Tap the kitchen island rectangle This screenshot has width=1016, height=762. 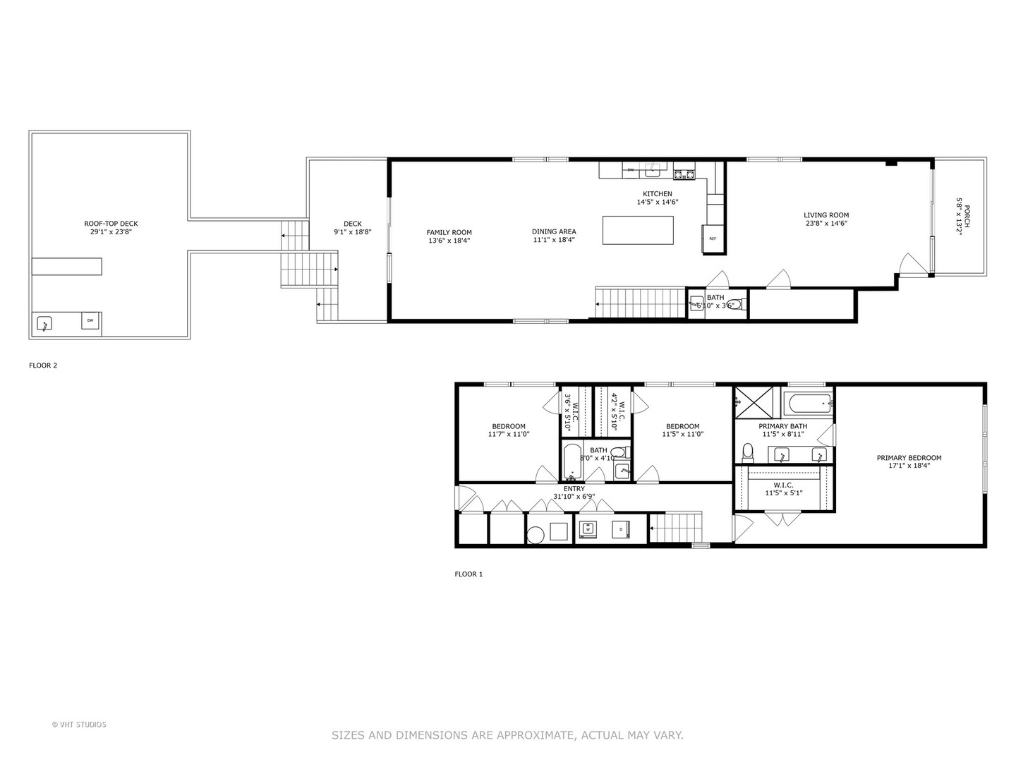click(x=638, y=230)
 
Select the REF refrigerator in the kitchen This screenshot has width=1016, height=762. click(x=712, y=238)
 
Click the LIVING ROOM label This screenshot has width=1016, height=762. click(x=825, y=215)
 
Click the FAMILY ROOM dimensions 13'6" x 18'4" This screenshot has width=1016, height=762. click(x=449, y=241)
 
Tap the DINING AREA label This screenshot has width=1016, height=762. click(x=554, y=231)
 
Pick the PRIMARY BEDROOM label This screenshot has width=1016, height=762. click(x=909, y=458)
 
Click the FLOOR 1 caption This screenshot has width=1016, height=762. click(x=468, y=574)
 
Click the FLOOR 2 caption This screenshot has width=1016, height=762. click(x=43, y=365)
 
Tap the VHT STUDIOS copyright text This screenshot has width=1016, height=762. click(x=79, y=725)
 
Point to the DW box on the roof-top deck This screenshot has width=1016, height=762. click(x=90, y=321)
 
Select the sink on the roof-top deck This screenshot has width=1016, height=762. click(x=45, y=324)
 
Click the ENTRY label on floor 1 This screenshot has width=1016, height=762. click(x=574, y=489)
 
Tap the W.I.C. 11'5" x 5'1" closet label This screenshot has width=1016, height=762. click(x=783, y=485)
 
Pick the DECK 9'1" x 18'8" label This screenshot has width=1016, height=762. click(x=352, y=224)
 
